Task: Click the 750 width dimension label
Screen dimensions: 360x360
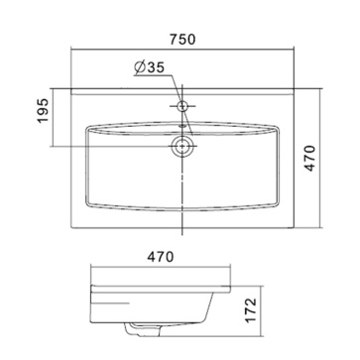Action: click(182, 40)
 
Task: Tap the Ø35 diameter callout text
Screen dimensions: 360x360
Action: click(150, 67)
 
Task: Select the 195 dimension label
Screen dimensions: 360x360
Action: click(43, 111)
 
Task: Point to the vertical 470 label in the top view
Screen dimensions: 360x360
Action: click(310, 158)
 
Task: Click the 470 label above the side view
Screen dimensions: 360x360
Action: click(160, 257)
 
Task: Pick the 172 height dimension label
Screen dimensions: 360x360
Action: click(252, 310)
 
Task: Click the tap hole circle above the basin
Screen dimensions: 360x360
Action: click(182, 106)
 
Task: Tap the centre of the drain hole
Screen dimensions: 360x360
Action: click(181, 146)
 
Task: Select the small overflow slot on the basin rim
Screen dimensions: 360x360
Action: click(181, 126)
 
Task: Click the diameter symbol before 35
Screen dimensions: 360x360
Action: click(140, 67)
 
